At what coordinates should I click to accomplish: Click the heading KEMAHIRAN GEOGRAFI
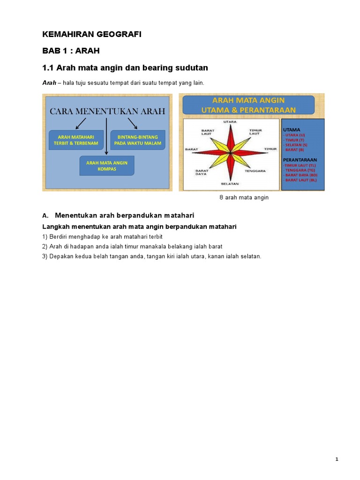pyautogui.click(x=91, y=35)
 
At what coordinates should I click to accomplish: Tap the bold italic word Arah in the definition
pyautogui.click(x=49, y=82)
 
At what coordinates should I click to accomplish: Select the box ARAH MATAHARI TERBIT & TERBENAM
pyautogui.click(x=76, y=140)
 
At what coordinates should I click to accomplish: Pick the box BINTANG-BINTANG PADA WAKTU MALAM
pyautogui.click(x=138, y=140)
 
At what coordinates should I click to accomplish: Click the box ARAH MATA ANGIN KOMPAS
pyautogui.click(x=107, y=165)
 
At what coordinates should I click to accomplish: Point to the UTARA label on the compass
pyautogui.click(x=230, y=122)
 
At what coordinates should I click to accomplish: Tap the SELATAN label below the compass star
pyautogui.click(x=230, y=183)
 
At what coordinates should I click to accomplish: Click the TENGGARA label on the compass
pyautogui.click(x=255, y=171)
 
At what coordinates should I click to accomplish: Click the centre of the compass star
pyautogui.click(x=230, y=153)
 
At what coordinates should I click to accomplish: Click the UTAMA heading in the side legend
pyautogui.click(x=292, y=129)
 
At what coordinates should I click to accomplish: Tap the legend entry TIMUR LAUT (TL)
pyautogui.click(x=300, y=165)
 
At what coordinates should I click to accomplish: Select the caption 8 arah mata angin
pyautogui.click(x=244, y=198)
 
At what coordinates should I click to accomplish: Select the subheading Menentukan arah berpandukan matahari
pyautogui.click(x=124, y=215)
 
